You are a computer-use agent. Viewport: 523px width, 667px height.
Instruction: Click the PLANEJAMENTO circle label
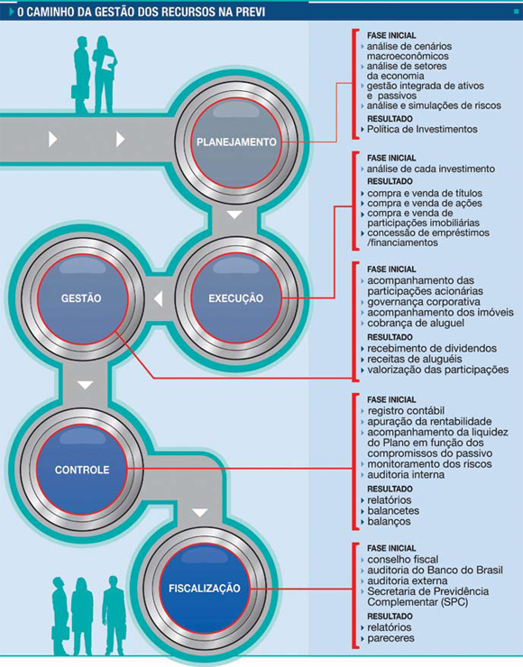coord(236,142)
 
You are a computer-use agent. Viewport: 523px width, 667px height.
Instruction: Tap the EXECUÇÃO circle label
coord(235,298)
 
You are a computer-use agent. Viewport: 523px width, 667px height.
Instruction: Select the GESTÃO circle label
coord(81,298)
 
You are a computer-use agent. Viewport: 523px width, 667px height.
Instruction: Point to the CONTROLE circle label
coord(82,470)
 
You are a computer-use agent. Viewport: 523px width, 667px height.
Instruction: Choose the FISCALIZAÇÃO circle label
coord(205,589)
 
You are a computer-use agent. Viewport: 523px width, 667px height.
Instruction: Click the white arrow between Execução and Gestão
coord(159,298)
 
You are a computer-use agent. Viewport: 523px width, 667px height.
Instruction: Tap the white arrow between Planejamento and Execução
coord(234,215)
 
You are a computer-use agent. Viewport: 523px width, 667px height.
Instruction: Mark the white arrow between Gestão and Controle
coord(85,385)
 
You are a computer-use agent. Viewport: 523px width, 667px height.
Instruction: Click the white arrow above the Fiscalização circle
coord(199,513)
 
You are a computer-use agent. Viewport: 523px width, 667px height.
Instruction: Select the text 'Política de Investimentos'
coord(422,129)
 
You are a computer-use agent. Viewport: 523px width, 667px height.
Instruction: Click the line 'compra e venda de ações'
coord(425,204)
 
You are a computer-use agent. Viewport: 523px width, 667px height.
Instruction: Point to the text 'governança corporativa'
coord(424,302)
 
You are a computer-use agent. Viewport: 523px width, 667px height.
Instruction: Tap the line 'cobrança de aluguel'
coord(416,324)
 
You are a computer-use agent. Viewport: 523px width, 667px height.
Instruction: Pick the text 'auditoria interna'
coord(406,475)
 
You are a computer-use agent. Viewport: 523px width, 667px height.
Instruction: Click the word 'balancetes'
coord(393,511)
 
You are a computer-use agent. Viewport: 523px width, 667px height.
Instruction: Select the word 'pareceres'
coord(390,638)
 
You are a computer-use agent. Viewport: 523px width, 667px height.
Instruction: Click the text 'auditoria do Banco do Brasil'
coord(435,571)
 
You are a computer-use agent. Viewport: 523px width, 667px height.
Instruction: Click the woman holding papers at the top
coord(105,75)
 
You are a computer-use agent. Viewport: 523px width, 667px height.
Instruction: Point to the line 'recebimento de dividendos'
coord(432,349)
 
